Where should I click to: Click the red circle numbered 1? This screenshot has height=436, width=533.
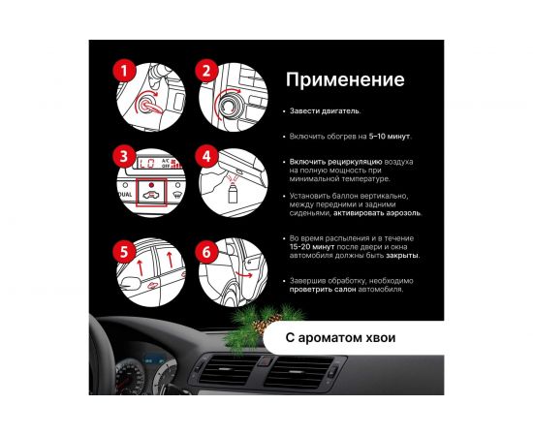124,71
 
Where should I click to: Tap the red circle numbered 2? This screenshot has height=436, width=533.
206,71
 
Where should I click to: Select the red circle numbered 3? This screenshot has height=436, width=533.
124,157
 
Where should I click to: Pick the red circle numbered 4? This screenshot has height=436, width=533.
206,157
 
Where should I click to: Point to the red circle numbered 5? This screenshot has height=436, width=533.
124,252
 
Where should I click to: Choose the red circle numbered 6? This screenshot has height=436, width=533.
206,252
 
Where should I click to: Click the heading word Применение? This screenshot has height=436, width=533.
345,79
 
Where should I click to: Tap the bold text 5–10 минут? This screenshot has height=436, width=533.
390,137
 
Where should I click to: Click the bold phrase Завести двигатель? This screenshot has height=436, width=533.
325,111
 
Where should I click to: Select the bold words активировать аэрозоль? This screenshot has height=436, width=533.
377,213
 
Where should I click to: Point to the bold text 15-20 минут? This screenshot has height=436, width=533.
312,247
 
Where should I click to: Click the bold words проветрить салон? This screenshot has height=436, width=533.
323,290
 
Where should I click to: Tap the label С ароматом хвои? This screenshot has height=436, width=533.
340,338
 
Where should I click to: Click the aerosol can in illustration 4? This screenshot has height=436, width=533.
233,195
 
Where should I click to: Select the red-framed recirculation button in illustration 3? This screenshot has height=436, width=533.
151,193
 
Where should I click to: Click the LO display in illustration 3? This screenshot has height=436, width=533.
147,164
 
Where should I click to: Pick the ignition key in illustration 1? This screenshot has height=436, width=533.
152,106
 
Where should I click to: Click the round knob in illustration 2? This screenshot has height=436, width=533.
226,105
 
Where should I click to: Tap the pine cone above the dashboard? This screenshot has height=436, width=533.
265,325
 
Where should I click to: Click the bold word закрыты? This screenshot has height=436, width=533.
402,255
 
